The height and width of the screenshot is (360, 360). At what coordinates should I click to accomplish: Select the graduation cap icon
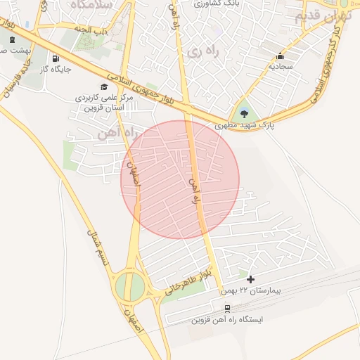(x=105, y=87)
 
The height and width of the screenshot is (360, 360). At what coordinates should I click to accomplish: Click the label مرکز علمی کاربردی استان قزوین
(x=103, y=103)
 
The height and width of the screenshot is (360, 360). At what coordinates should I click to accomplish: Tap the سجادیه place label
(x=281, y=67)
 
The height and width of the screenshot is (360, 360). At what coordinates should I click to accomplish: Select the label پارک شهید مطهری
(x=244, y=124)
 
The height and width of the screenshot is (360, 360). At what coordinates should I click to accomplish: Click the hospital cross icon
(x=250, y=279)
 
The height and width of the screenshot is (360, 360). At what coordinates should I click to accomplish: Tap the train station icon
(x=227, y=309)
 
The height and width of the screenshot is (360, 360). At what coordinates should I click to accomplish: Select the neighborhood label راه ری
(x=201, y=51)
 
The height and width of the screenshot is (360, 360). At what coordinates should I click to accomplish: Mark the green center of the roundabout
(x=129, y=286)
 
